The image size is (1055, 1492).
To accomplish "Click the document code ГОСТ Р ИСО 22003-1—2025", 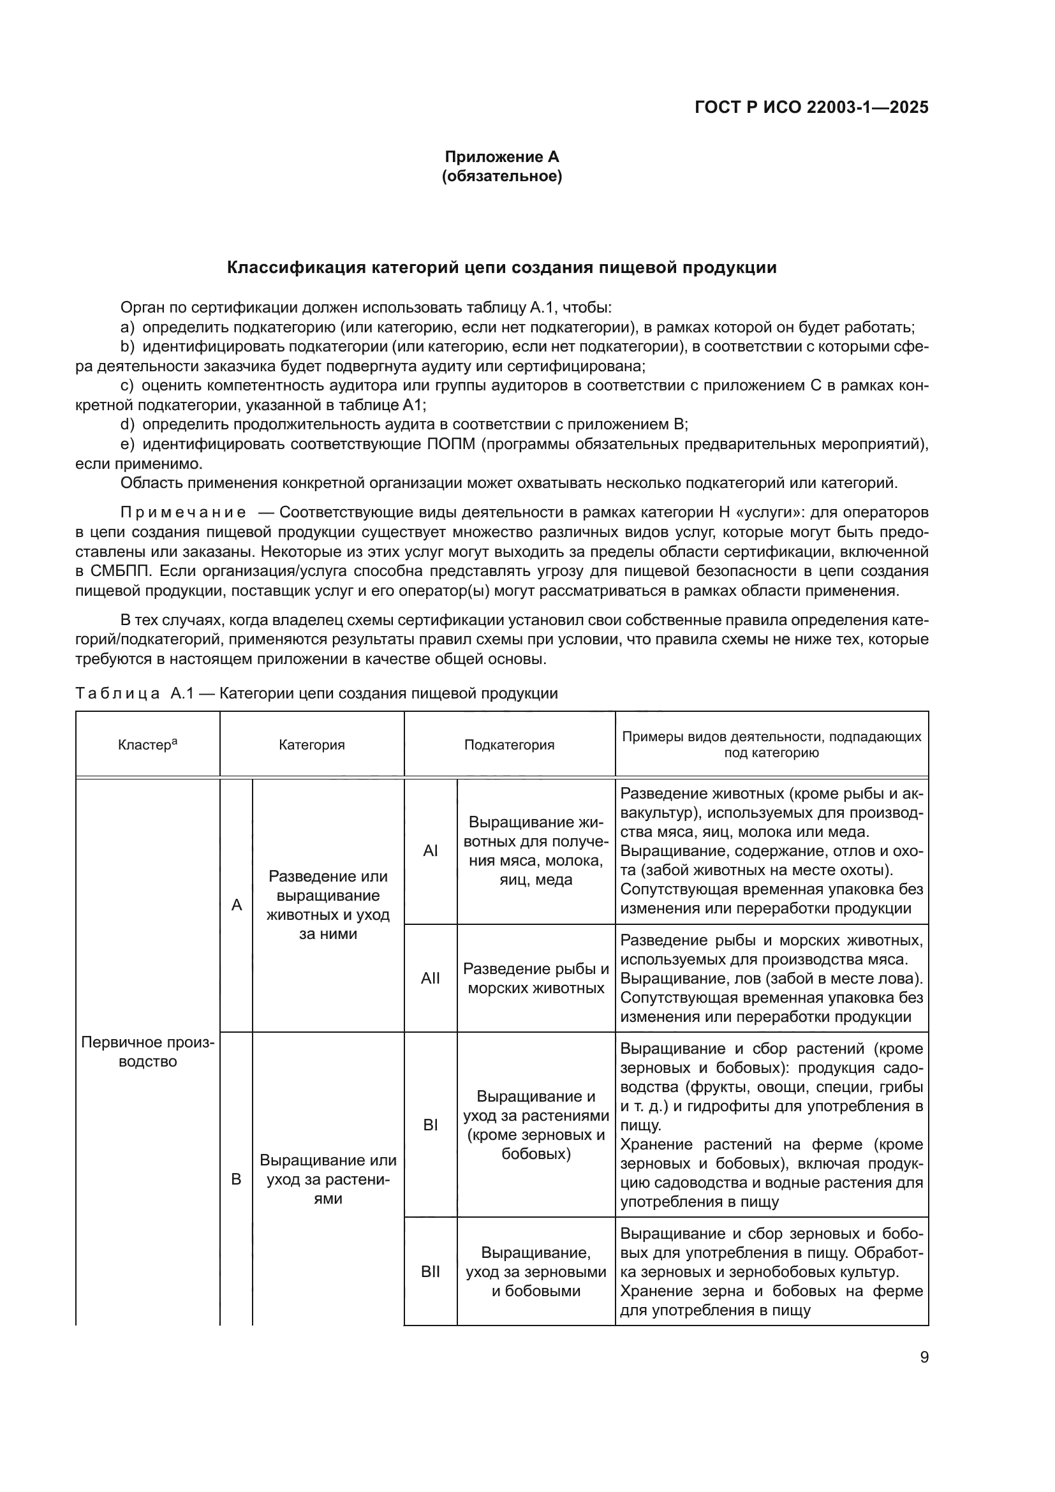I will (x=811, y=107).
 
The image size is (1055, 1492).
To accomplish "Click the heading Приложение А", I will (x=501, y=157).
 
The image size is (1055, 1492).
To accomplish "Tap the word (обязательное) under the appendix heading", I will (x=501, y=176).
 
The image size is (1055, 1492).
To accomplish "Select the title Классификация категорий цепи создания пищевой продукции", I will (x=501, y=268).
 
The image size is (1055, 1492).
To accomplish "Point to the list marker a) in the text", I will (x=128, y=327).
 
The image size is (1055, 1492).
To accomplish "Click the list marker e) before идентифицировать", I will (x=128, y=445).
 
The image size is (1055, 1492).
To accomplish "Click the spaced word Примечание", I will (x=183, y=513).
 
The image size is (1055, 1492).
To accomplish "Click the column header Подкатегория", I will (x=509, y=744).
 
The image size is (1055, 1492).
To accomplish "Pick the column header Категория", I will (x=312, y=744).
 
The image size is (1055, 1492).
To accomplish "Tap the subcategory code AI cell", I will (x=430, y=851).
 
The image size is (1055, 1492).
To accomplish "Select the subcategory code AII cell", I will (x=430, y=978).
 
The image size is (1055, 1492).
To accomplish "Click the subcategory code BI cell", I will (x=430, y=1124).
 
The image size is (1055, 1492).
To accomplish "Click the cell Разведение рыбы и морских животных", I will (x=536, y=978).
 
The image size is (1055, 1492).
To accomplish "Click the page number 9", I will (x=924, y=1357).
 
